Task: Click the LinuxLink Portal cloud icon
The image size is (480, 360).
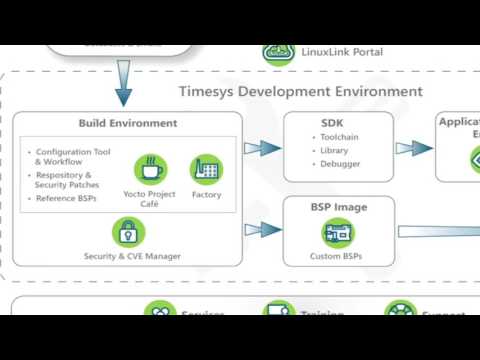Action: (279, 52)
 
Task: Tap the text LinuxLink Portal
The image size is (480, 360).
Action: (340, 52)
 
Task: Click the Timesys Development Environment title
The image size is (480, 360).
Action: (300, 91)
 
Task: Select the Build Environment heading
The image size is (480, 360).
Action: (127, 123)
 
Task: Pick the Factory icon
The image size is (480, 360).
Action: (206, 168)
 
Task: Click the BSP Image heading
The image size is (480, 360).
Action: (339, 207)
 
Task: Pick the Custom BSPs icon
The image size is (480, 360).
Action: (338, 234)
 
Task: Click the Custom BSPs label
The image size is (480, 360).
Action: (339, 256)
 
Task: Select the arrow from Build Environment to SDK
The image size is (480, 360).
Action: (262, 147)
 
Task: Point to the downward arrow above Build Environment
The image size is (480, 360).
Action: (123, 82)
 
